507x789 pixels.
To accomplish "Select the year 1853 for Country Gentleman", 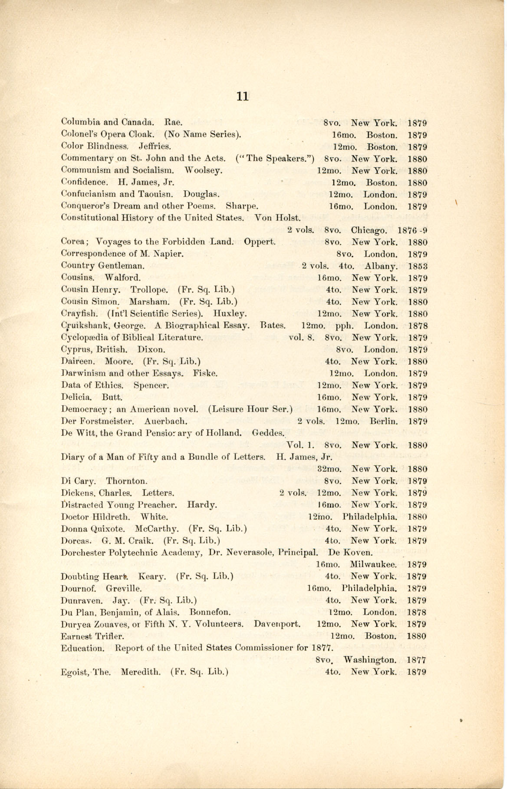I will click(x=418, y=266).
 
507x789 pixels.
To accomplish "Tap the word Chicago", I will click(x=369, y=230).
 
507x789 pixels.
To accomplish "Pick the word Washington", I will click(x=370, y=660).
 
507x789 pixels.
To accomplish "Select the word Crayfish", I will click(x=76, y=314).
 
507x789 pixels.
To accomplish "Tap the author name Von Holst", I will click(x=277, y=218).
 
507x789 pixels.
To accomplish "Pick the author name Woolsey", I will click(x=204, y=171).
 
